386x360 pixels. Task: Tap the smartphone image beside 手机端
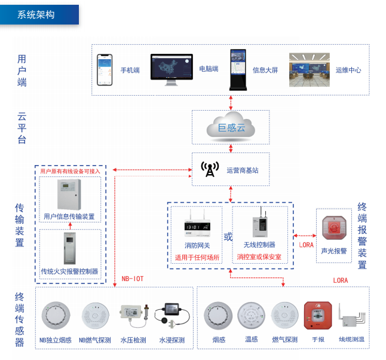point(105,69)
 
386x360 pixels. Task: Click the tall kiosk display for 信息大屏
point(238,68)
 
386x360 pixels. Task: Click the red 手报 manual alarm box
point(317,316)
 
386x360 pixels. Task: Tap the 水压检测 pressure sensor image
point(133,313)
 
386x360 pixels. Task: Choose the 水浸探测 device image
point(171,315)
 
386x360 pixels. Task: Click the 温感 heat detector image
point(251,316)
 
